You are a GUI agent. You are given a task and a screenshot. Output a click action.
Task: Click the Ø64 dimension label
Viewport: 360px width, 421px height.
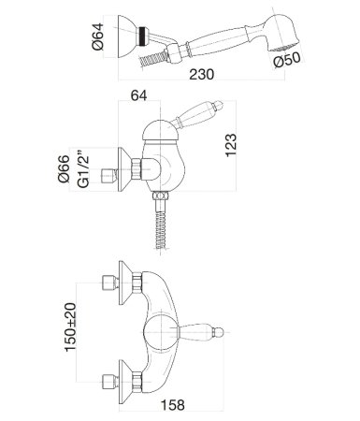(97, 36)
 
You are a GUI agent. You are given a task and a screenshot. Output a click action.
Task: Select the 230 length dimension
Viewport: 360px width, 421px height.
(202, 75)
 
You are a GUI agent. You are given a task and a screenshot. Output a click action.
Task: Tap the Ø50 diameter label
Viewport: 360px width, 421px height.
(287, 59)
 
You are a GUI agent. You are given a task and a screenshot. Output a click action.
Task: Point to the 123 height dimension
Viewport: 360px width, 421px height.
(231, 145)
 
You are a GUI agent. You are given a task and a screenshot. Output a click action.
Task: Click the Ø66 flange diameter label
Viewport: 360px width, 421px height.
(64, 168)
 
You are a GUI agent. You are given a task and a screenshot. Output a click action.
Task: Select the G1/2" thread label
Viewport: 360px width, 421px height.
(83, 169)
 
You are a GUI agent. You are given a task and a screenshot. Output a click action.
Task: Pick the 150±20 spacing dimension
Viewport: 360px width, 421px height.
(70, 327)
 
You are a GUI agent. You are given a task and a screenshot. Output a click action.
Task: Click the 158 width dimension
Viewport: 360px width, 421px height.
(173, 405)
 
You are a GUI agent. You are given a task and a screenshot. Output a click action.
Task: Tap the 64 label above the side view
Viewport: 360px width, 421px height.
(138, 95)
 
